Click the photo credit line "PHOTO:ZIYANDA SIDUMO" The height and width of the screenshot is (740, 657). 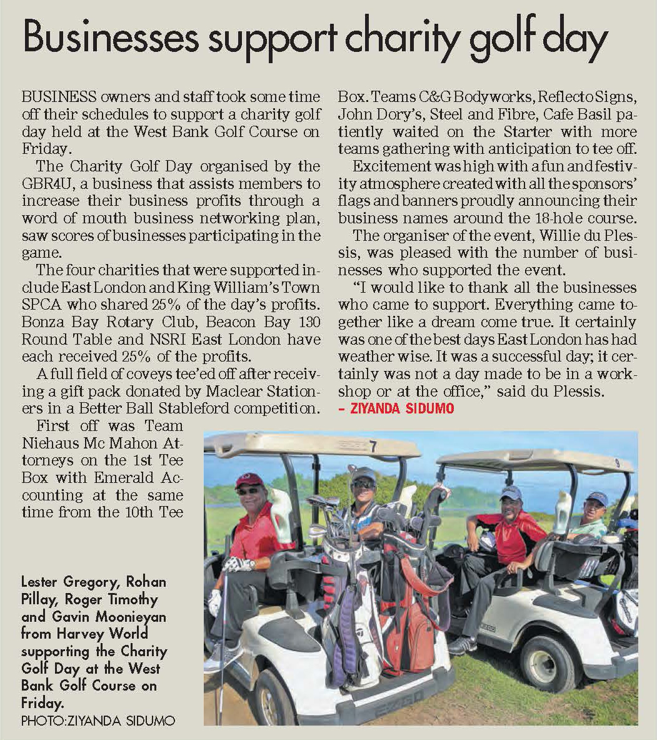pyautogui.click(x=98, y=721)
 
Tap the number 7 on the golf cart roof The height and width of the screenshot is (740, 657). pyautogui.click(x=373, y=447)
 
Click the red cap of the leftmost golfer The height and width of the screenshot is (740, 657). pyautogui.click(x=249, y=479)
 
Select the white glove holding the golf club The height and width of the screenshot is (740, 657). pyautogui.click(x=238, y=565)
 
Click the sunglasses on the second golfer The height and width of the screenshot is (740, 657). pyautogui.click(x=363, y=484)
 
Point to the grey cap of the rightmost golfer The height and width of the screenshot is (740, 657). pyautogui.click(x=596, y=498)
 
